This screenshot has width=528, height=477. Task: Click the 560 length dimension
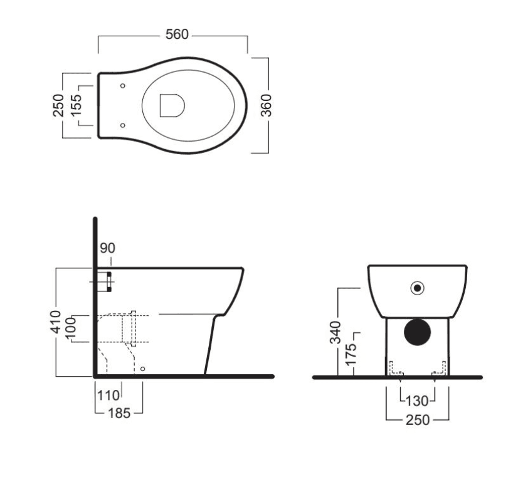(177, 34)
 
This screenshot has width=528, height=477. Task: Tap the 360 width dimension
(266, 105)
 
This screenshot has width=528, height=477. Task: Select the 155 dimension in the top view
(77, 104)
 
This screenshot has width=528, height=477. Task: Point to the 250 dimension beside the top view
(58, 105)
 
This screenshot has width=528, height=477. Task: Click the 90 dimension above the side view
(108, 248)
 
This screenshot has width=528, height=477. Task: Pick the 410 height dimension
(56, 322)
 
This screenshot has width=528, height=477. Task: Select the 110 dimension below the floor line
(108, 395)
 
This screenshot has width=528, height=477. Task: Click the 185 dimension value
(119, 413)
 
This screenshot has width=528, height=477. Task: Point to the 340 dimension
(335, 333)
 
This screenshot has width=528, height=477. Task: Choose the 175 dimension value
(351, 355)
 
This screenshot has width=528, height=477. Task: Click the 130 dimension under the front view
(417, 401)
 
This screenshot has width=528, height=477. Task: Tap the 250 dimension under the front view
(418, 420)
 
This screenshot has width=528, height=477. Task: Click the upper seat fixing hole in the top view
(122, 86)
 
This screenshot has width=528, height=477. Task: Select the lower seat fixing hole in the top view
(122, 125)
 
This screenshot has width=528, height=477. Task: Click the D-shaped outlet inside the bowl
(172, 105)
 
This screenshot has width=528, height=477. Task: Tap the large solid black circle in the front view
(417, 332)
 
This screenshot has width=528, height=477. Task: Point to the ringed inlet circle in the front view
(417, 288)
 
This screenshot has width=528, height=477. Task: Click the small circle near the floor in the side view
(142, 369)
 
